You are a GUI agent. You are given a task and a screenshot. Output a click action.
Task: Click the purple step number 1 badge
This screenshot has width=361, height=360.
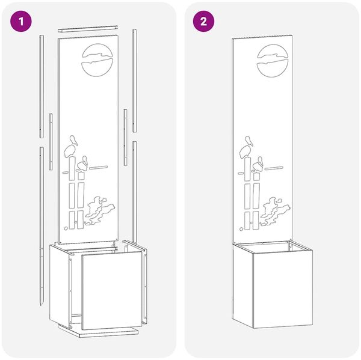[20, 22]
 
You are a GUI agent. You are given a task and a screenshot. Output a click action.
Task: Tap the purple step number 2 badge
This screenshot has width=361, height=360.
[203, 22]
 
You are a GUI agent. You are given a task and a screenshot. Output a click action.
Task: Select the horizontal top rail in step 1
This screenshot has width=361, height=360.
[88, 29]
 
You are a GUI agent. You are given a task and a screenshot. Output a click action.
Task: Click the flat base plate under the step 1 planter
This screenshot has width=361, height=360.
[98, 331]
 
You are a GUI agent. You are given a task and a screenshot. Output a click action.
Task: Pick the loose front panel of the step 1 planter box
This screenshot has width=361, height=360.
[112, 290]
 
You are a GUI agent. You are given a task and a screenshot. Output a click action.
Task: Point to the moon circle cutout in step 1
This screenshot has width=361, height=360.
[97, 60]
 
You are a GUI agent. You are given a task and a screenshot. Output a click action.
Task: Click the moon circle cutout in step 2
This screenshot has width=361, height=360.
[273, 61]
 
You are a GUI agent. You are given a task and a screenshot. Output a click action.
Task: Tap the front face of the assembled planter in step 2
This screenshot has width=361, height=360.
[283, 289]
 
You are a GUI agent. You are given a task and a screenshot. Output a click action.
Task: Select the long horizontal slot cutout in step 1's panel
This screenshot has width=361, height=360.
[98, 168]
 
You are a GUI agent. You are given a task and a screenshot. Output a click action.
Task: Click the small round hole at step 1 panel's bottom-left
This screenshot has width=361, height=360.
[66, 228]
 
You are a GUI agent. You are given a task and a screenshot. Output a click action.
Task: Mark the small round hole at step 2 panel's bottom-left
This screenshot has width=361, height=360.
[241, 229]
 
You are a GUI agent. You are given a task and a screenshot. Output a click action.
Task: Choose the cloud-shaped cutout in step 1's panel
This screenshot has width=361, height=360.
[100, 210]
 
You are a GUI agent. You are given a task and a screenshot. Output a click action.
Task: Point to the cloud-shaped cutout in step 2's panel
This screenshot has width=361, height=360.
[275, 211]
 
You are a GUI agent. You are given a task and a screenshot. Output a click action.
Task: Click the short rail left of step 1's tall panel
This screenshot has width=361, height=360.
[51, 142]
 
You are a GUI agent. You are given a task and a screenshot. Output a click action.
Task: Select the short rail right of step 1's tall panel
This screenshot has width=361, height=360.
[126, 138]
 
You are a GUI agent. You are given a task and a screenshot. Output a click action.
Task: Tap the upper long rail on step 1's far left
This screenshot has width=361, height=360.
[42, 87]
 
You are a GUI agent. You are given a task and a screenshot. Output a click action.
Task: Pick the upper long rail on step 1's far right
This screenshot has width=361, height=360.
[134, 81]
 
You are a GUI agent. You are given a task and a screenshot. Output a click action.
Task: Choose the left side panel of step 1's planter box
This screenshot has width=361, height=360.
[60, 285]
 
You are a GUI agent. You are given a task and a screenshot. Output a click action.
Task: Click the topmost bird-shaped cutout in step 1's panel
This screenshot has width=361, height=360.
[73, 140]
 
